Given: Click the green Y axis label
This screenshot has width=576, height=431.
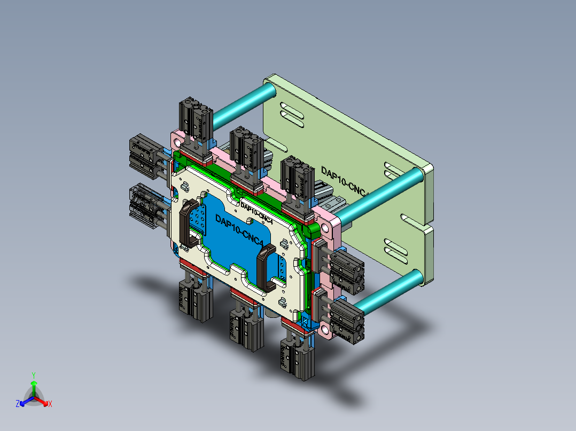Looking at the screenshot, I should pos(33,374).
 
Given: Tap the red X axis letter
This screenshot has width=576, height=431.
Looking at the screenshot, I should pos(50,404).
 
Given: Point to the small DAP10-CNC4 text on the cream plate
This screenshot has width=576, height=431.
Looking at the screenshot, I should pos(257,212).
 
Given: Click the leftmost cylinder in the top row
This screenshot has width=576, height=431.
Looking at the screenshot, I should pos(196,119).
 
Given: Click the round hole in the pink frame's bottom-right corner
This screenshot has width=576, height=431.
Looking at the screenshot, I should pos(325,328).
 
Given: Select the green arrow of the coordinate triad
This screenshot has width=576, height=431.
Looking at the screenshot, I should pos(33,387).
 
